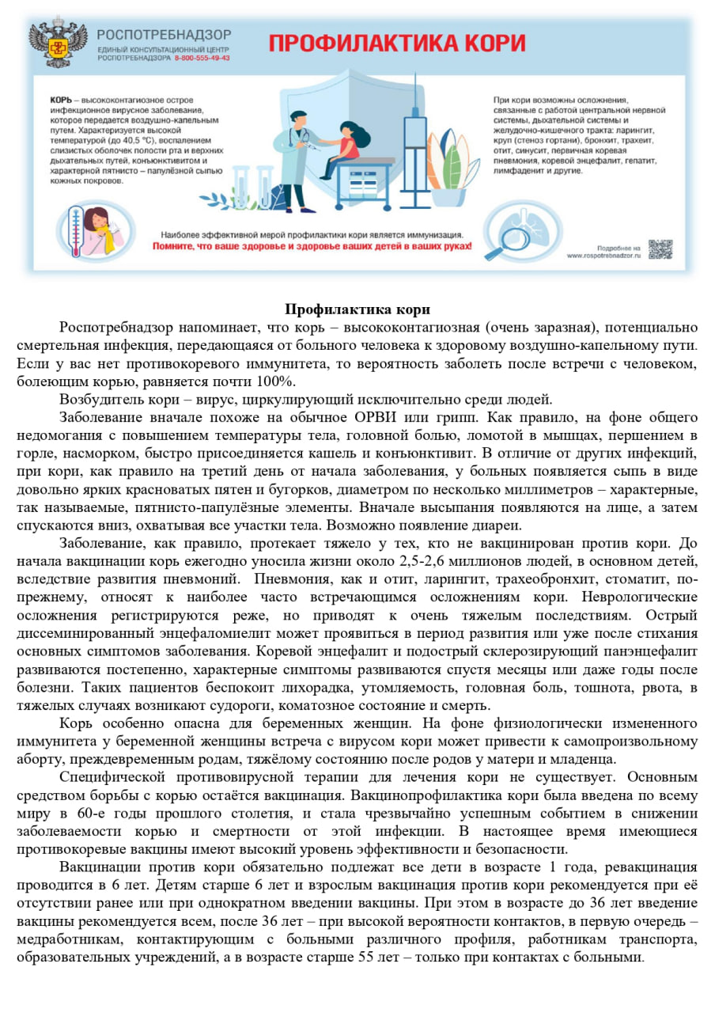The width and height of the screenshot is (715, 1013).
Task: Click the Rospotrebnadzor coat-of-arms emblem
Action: (58, 44)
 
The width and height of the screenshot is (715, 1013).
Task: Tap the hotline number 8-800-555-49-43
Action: (202, 59)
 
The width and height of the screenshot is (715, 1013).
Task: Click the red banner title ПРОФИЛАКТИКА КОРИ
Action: (396, 42)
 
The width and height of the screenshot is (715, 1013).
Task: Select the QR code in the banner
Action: (660, 250)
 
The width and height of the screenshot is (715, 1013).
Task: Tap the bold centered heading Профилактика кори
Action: (357, 309)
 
